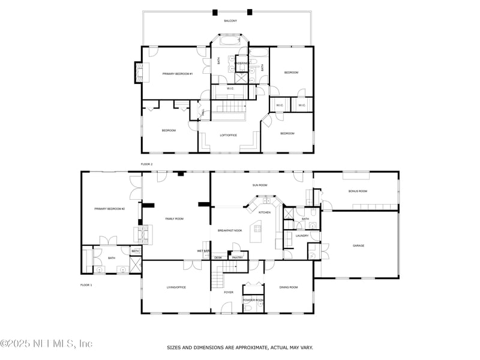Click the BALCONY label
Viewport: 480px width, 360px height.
tap(230, 21)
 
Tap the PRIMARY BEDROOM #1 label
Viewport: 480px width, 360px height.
tap(178, 73)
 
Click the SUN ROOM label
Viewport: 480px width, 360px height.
tap(259, 186)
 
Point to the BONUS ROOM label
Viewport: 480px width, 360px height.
tap(358, 191)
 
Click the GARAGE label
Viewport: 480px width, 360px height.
tap(358, 245)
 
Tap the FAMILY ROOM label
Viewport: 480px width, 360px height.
tap(175, 219)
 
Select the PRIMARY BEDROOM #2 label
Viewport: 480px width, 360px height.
tap(109, 209)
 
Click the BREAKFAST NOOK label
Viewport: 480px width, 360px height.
tap(230, 230)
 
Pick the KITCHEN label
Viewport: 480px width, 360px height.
tap(265, 212)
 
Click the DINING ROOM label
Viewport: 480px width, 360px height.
tap(289, 287)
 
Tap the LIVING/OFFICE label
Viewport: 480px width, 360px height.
tap(176, 287)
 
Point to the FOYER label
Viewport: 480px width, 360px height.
tap(229, 292)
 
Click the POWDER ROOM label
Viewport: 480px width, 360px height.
tap(253, 300)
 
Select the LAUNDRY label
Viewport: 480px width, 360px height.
tap(302, 236)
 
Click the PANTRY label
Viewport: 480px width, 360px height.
tap(238, 257)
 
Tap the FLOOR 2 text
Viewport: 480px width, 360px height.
tap(147, 164)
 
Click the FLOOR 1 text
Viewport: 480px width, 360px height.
tap(86, 285)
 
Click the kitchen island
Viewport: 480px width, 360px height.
tap(258, 229)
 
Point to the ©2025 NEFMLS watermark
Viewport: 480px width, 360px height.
tap(46, 344)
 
